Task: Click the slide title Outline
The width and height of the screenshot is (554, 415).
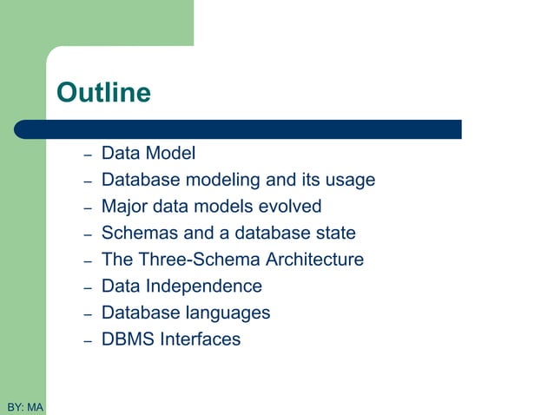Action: [x=102, y=92]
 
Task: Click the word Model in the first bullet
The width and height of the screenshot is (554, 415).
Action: [x=170, y=154]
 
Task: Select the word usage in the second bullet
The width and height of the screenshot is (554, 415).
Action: [x=349, y=181]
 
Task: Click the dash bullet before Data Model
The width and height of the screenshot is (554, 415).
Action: [x=88, y=155]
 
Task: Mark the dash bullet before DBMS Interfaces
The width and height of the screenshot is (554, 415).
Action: [x=88, y=340]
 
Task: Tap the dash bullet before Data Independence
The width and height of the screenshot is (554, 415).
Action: [x=88, y=287]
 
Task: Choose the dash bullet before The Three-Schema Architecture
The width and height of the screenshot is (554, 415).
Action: [x=88, y=261]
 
